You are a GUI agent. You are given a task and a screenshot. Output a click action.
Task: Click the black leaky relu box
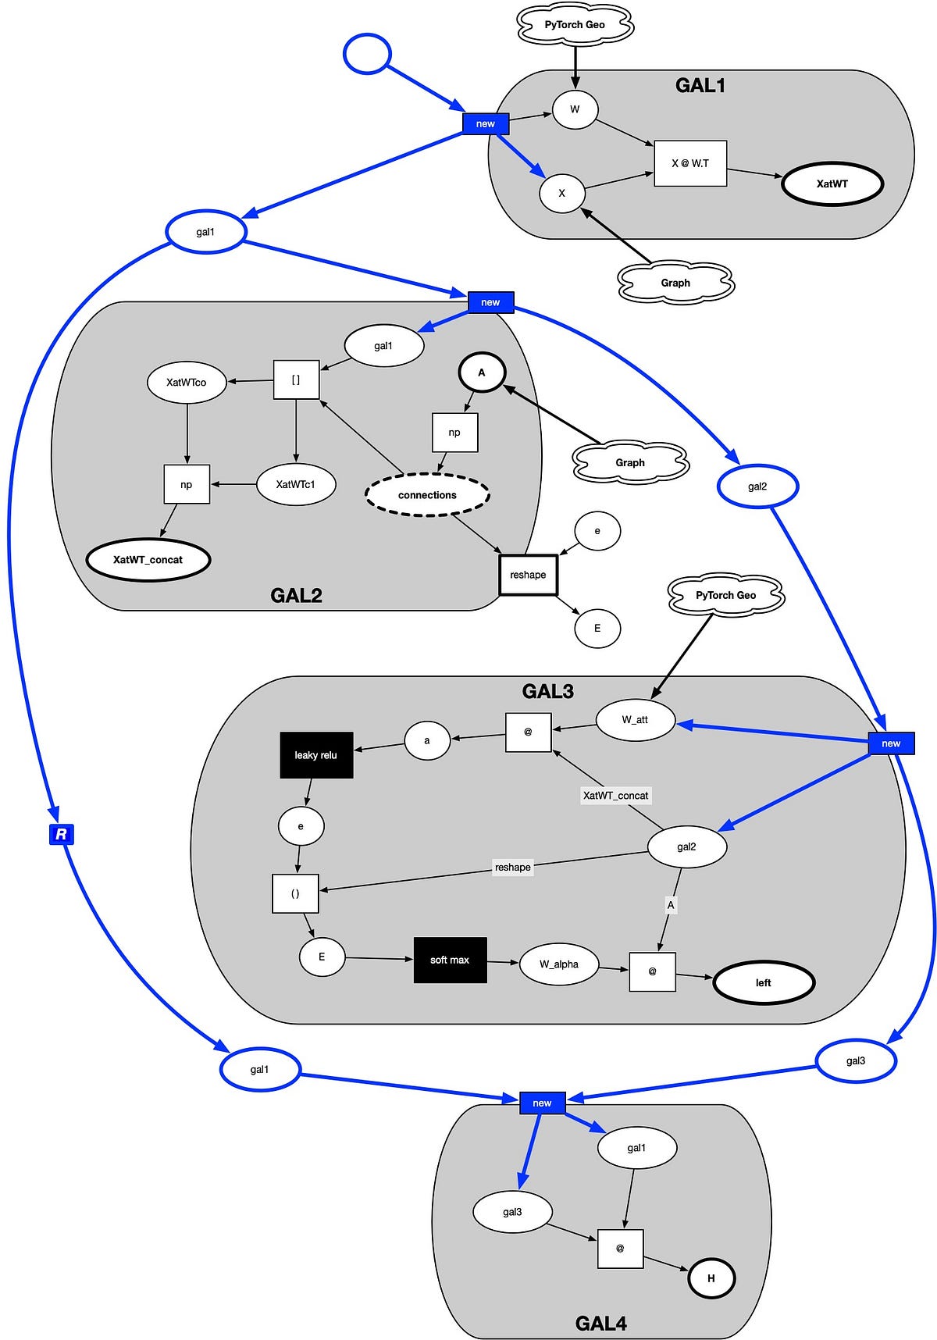[x=316, y=755]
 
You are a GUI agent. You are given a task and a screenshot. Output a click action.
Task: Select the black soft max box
[x=450, y=960]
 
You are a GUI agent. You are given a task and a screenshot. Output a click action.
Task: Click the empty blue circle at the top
[x=366, y=54]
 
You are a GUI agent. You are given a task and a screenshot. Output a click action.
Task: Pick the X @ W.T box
[x=690, y=163]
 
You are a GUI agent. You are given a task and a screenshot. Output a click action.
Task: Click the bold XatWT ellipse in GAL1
[x=832, y=184]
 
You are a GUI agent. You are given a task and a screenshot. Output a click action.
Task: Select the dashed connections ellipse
[x=427, y=495]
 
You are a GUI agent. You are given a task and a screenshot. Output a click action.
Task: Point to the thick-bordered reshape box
[x=528, y=575]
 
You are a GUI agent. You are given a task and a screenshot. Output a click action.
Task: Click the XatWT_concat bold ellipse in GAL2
[x=148, y=560]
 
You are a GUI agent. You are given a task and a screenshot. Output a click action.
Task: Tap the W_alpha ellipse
[x=559, y=964]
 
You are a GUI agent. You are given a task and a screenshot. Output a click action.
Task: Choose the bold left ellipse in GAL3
[x=763, y=983]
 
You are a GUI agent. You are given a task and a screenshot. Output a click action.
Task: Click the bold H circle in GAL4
[x=711, y=1278]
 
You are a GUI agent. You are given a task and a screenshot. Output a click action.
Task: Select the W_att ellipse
[x=635, y=720]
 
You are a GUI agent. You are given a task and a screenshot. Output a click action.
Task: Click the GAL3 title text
[x=547, y=691]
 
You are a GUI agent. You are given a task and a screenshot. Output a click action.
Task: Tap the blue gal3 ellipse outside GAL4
[x=855, y=1061]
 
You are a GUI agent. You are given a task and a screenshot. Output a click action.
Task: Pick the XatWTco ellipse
[x=186, y=383]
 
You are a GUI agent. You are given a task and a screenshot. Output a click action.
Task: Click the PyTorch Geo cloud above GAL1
[x=575, y=25]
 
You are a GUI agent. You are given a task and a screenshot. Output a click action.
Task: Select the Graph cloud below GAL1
[x=675, y=283]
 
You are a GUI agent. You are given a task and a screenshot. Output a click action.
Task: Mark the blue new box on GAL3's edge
[x=891, y=743]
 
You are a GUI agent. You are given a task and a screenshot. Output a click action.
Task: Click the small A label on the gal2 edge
[x=670, y=905]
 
